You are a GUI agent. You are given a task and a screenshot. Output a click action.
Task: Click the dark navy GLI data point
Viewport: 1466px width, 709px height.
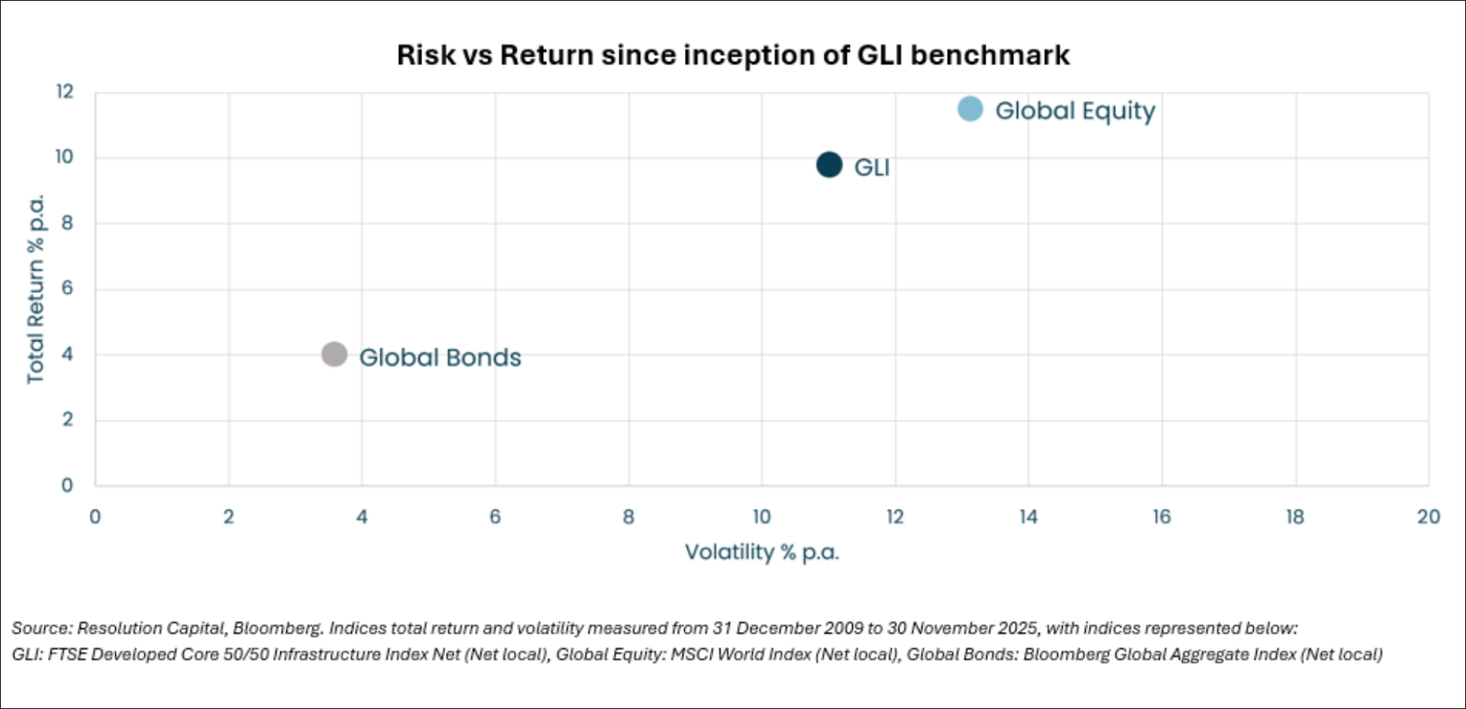[829, 165]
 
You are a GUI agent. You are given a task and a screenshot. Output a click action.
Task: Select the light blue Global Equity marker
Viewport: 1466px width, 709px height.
[970, 109]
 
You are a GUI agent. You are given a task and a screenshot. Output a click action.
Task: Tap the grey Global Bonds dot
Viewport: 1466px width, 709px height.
[334, 354]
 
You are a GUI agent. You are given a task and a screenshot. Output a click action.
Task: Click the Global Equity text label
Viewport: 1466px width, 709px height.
[1074, 111]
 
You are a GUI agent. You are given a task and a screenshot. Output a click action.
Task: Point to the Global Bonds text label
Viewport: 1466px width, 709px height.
[440, 357]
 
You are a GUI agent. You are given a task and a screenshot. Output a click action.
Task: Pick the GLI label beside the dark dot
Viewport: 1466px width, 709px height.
[871, 167]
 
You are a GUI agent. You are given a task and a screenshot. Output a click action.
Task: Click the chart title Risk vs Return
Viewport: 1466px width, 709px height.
[732, 55]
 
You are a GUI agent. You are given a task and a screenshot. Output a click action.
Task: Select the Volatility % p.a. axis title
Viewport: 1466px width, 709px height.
[761, 552]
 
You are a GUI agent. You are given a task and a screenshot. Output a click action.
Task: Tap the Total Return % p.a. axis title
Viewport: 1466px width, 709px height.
[36, 288]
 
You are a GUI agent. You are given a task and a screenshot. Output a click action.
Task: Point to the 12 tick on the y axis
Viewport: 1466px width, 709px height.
[65, 92]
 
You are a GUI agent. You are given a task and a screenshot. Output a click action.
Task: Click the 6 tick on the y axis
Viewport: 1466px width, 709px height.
[67, 288]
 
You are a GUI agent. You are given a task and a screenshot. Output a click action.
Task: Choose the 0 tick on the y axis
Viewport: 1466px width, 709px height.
[67, 485]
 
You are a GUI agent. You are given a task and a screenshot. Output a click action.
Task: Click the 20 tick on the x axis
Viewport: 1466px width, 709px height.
[1428, 517]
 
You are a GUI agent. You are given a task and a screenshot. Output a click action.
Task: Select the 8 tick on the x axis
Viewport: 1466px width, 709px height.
[628, 517]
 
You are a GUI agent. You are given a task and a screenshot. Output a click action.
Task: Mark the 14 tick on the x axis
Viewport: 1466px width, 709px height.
[1028, 517]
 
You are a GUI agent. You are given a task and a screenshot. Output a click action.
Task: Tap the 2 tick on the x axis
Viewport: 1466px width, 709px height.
[228, 517]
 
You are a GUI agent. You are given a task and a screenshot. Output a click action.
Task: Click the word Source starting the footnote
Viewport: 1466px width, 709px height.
[40, 628]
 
